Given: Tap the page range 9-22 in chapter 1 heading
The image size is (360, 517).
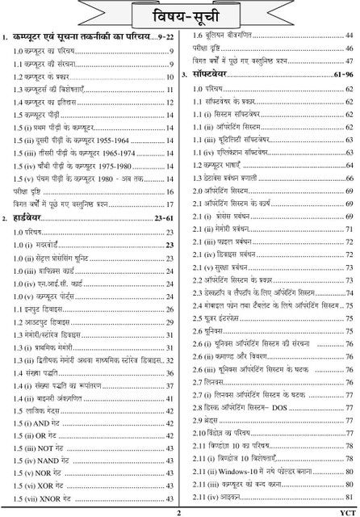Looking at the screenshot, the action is pos(164,37).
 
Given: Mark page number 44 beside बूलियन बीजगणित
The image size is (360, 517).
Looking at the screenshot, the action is pos(349,36).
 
